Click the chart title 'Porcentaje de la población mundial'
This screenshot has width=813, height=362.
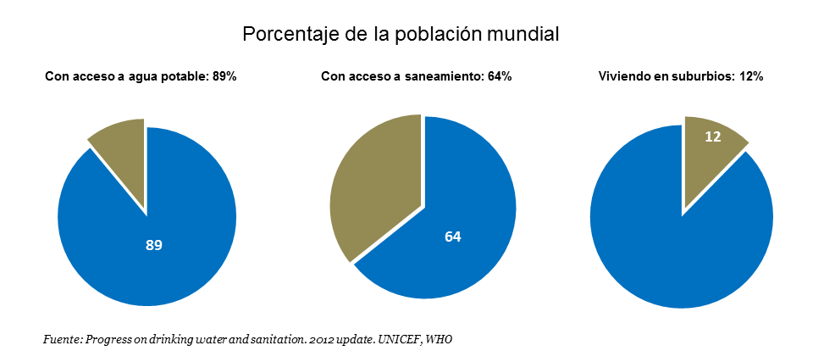(x=401, y=35)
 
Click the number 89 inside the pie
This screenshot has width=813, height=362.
(x=153, y=245)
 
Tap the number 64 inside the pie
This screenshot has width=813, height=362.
(x=453, y=237)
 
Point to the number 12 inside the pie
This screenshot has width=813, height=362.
(x=712, y=136)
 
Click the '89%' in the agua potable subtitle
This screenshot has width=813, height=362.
(x=224, y=77)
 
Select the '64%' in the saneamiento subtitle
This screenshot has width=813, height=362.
(x=499, y=77)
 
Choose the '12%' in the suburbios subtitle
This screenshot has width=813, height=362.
(x=751, y=77)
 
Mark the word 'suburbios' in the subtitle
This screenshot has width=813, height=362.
(x=710, y=77)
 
